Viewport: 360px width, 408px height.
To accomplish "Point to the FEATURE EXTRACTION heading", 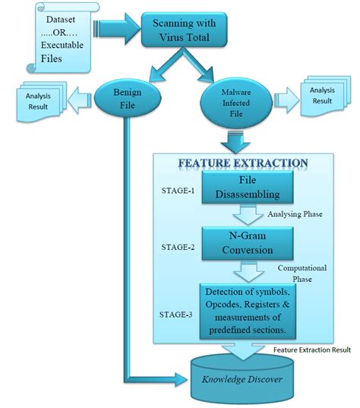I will click(243, 163).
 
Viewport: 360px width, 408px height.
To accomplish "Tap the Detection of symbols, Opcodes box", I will click(247, 310).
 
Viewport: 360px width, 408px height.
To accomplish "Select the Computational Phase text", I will click(303, 274).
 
